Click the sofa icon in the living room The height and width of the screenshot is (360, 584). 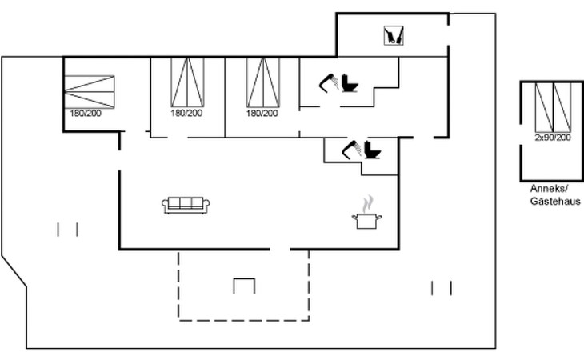(186, 205)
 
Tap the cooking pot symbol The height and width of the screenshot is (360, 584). (367, 221)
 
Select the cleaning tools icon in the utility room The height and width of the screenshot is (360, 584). (394, 35)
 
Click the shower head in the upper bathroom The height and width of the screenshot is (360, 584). (329, 82)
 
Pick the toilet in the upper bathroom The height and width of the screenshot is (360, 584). (350, 83)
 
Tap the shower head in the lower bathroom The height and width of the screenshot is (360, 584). (351, 150)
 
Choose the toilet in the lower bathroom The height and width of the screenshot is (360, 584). (373, 150)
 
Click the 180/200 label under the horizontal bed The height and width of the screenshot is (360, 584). (86, 113)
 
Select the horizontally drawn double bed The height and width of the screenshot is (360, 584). (90, 92)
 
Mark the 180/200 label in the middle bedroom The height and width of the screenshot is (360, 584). (186, 113)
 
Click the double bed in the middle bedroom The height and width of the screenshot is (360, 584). (187, 82)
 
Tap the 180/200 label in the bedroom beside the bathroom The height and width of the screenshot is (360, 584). (262, 113)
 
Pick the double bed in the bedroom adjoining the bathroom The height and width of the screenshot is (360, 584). (263, 82)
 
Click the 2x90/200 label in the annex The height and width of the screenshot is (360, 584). (553, 138)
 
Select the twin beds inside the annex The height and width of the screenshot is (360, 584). (553, 107)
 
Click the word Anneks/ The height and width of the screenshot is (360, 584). (549, 188)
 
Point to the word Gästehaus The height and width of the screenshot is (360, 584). (555, 201)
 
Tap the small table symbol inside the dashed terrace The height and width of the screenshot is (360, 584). (244, 285)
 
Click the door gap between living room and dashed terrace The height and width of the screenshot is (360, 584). (280, 249)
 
